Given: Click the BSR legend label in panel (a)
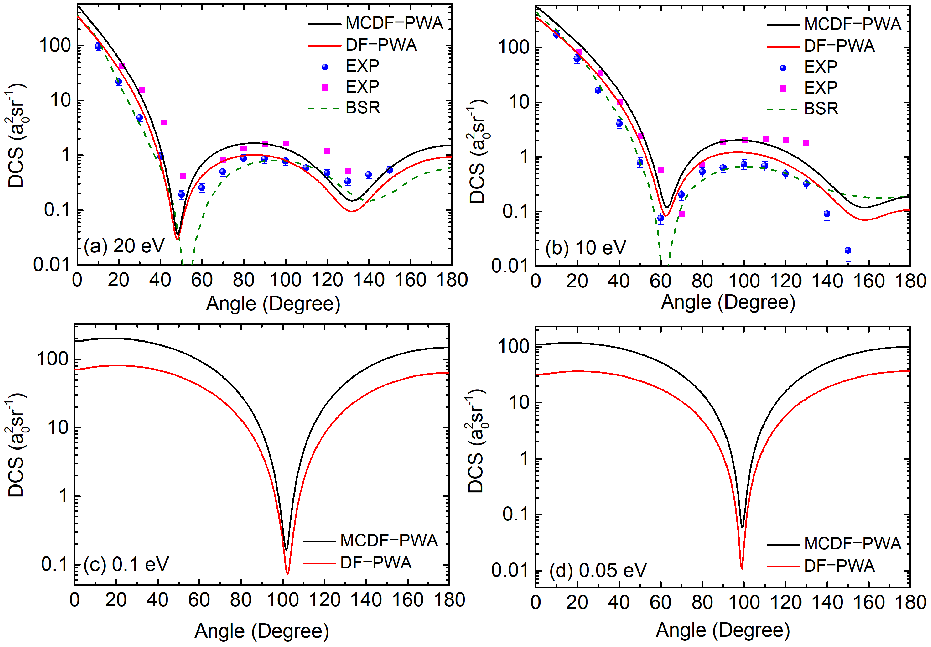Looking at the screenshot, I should pyautogui.click(x=363, y=108).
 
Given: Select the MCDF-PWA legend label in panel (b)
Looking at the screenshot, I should pyautogui.click(x=852, y=24).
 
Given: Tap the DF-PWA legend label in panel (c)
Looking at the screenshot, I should pyautogui.click(x=376, y=563).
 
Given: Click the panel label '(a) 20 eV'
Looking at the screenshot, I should pyautogui.click(x=124, y=246).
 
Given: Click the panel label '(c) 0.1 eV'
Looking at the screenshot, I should pyautogui.click(x=126, y=564).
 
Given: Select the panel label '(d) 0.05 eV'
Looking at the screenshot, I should pyautogui.click(x=598, y=570).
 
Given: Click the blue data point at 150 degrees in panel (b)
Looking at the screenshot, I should pyautogui.click(x=848, y=250).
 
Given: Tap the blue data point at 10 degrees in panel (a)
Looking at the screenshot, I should pyautogui.click(x=98, y=47).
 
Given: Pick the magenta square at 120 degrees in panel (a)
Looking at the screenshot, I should pyautogui.click(x=327, y=151).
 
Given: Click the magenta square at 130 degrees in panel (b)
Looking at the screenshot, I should pyautogui.click(x=806, y=143).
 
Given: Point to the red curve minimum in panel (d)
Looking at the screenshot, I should pyautogui.click(x=741, y=568).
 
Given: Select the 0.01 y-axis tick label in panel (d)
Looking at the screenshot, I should pyautogui.click(x=510, y=570).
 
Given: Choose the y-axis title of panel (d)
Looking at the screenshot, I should pyautogui.click(x=477, y=442).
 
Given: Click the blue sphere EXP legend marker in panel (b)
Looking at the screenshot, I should pyautogui.click(x=783, y=68).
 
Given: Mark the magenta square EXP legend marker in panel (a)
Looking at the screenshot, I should pyautogui.click(x=325, y=87).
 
